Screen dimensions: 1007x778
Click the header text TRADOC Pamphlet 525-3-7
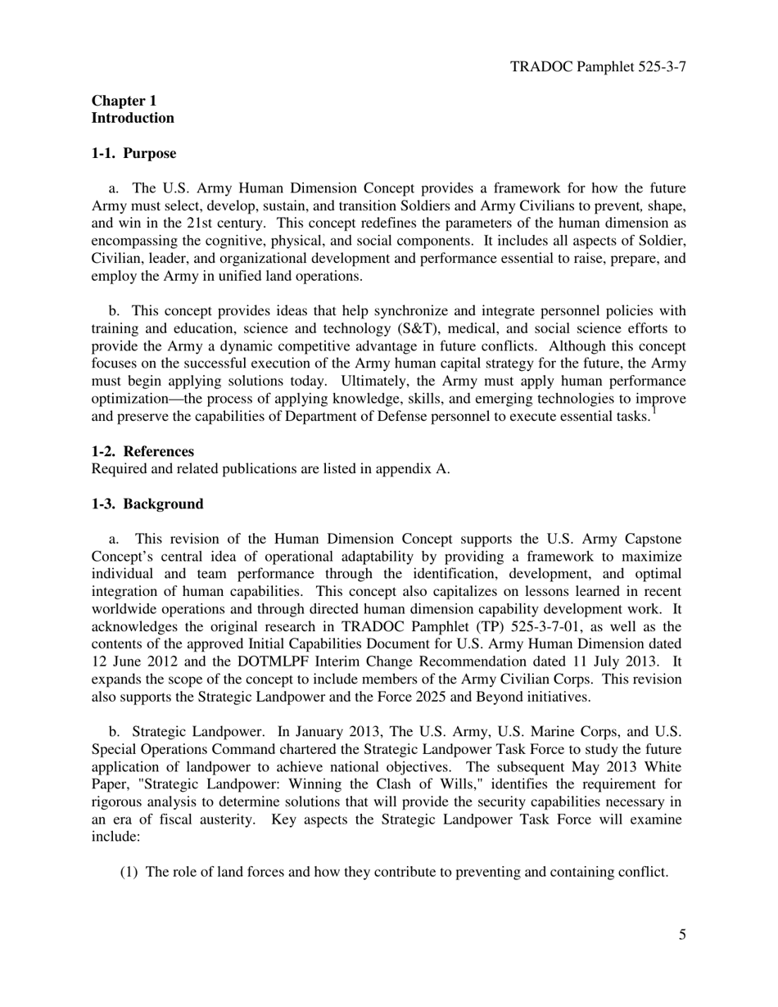pyautogui.click(x=598, y=66)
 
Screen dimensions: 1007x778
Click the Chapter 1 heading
pyautogui.click(x=124, y=101)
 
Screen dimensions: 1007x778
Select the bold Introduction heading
pyautogui.click(x=133, y=118)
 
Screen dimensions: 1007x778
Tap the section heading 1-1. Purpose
pyautogui.click(x=133, y=154)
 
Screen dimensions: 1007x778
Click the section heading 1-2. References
pyautogui.click(x=142, y=452)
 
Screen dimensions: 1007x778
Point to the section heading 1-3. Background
pyautogui.click(x=147, y=504)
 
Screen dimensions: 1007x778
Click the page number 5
pyautogui.click(x=682, y=936)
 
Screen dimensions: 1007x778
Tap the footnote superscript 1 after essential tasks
pyautogui.click(x=654, y=411)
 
